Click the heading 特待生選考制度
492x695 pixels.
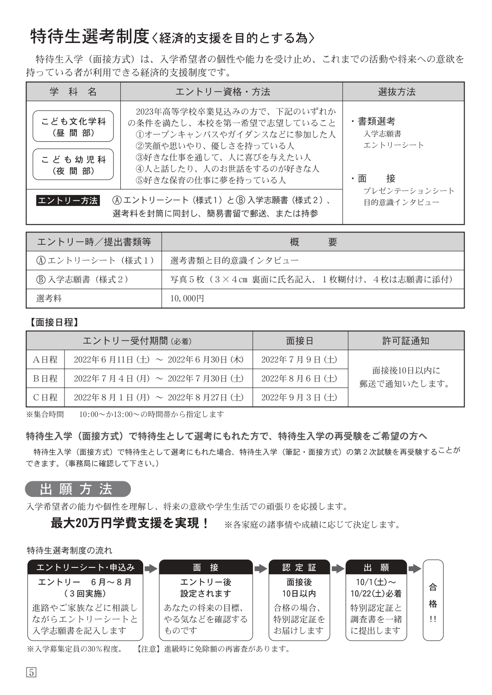pyautogui.click(x=90, y=37)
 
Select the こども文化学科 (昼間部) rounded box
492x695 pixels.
pyautogui.click(x=73, y=127)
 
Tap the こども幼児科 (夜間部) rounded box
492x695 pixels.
pyautogui.click(x=73, y=165)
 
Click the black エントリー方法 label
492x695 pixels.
pyautogui.click(x=68, y=200)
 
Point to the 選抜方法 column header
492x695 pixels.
pyautogui.click(x=396, y=92)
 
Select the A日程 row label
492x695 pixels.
pyautogui.click(x=45, y=359)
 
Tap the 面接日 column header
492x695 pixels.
pyautogui.click(x=300, y=340)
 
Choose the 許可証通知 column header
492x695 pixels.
pyautogui.click(x=405, y=340)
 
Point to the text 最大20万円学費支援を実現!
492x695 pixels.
pyautogui.click(x=130, y=523)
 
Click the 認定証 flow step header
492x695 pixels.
pyautogui.click(x=299, y=567)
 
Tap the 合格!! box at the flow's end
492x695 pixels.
pyautogui.click(x=433, y=599)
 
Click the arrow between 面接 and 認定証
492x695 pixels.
pyautogui.click(x=260, y=568)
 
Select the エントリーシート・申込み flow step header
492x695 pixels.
pyautogui.click(x=86, y=567)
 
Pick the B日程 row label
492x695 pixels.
pyautogui.click(x=45, y=378)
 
